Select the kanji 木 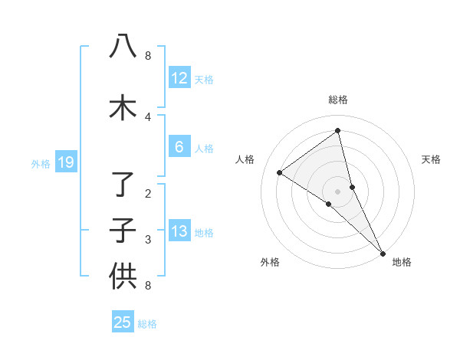123,108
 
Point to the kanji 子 123,231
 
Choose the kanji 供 123,276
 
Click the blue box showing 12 179,78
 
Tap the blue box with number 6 179,147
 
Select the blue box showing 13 179,232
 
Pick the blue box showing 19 65,162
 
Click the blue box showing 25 122,322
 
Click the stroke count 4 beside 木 148,116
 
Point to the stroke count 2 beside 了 148,194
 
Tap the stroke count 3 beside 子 148,240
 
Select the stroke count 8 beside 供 148,286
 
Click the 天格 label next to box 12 204,80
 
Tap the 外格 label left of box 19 40,163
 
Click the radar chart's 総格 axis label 338,100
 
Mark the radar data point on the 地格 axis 383,252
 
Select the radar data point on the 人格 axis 280,172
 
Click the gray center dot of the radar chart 338,191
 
